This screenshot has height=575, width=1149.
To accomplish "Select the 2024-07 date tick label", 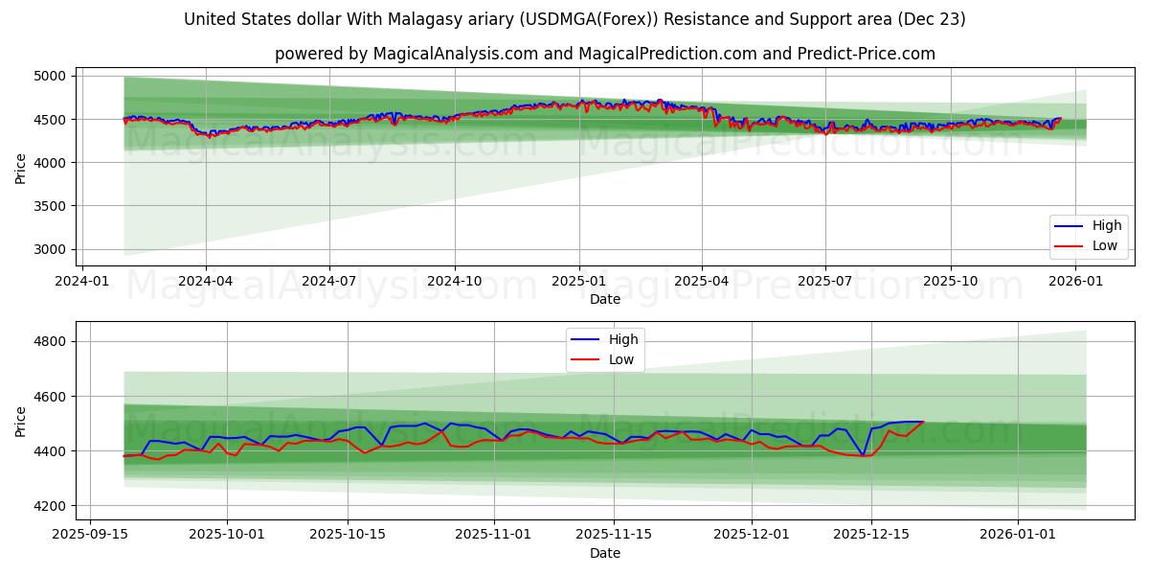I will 329,281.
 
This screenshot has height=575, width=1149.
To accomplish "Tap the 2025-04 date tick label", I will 702,281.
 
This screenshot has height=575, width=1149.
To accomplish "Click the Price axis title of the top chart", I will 21,167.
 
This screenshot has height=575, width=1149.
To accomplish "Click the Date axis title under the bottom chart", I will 604,553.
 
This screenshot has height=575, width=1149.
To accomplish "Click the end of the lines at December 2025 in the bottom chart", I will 923,422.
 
